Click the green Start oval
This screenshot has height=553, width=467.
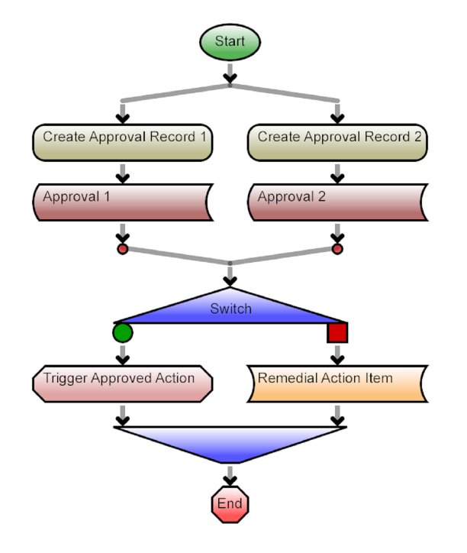230,42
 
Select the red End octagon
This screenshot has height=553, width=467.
230,504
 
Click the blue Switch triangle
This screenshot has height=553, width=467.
230,309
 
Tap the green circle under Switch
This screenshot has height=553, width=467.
122,333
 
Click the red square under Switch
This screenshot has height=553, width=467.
337,333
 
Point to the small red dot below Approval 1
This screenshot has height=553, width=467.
122,248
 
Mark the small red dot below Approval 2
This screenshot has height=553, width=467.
337,248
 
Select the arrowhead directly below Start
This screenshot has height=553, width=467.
230,77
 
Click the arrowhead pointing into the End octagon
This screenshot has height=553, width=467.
230,480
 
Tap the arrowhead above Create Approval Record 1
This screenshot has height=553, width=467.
122,117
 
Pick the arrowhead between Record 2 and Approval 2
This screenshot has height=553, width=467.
337,177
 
